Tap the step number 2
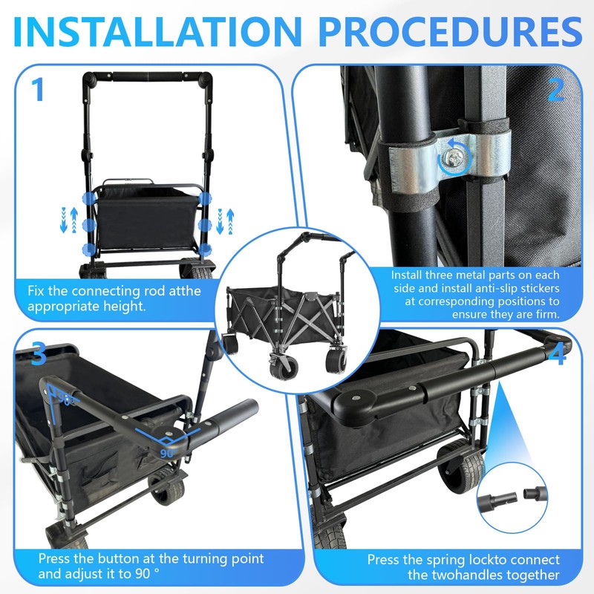coord(556,91)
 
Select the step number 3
coord(39,354)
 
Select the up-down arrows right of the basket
coord(230,221)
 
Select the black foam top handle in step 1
coord(148,77)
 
